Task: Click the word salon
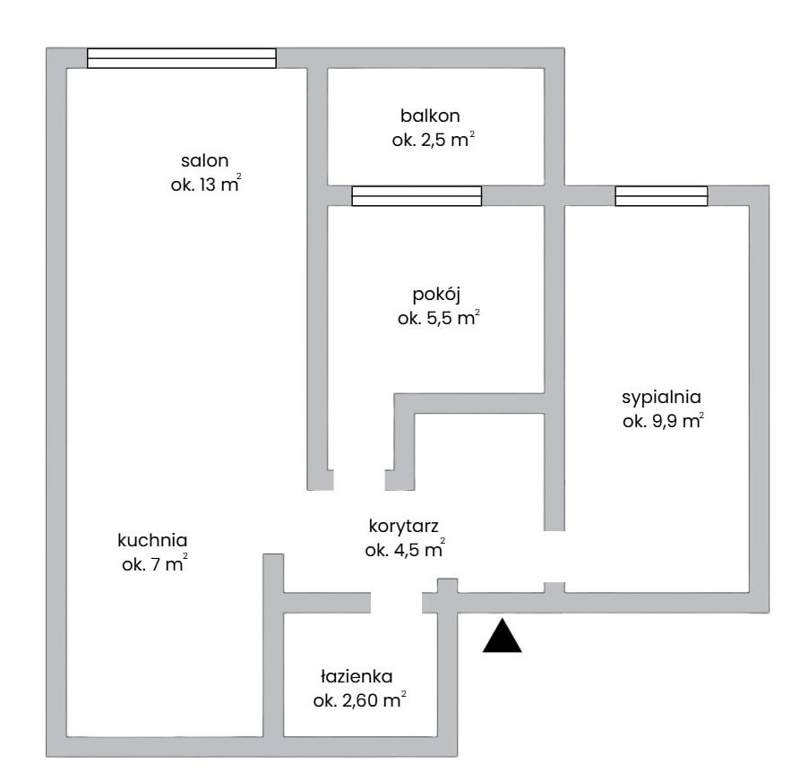click(x=204, y=160)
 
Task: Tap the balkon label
click(x=430, y=116)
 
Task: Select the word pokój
click(x=436, y=296)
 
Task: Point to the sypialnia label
click(x=661, y=398)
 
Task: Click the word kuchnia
click(x=152, y=540)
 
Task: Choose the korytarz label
click(x=403, y=527)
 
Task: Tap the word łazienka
click(x=357, y=676)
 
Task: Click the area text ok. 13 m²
click(x=206, y=184)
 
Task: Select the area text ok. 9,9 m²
click(x=663, y=421)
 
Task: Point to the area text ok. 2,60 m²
click(x=359, y=700)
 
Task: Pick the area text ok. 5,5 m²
click(x=439, y=317)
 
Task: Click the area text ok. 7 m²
click(x=155, y=564)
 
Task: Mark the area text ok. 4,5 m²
click(x=405, y=549)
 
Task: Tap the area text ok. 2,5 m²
click(x=434, y=139)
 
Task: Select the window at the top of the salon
click(x=181, y=58)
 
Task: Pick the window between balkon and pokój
click(x=417, y=196)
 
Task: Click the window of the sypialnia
click(x=661, y=196)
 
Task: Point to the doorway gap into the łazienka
click(x=396, y=603)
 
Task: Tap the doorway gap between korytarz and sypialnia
click(x=554, y=556)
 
